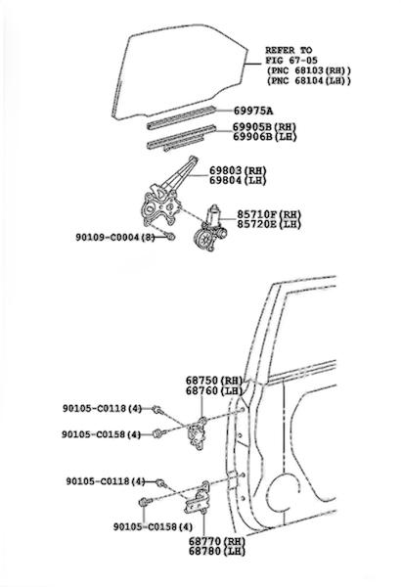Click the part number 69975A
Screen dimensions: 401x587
point(253,111)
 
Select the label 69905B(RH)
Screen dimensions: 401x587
point(265,127)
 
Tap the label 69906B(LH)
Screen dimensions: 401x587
point(265,137)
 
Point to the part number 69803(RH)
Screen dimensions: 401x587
point(238,170)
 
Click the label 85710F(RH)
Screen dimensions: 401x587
point(269,214)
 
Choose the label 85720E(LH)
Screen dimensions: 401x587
point(269,224)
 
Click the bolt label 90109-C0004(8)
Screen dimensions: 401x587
point(115,237)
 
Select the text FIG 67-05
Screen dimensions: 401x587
point(291,60)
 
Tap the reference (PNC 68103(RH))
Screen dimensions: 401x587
point(309,70)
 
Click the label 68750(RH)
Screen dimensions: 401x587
point(214,381)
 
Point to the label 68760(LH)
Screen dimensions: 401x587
point(214,390)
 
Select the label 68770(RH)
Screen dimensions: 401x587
point(217,541)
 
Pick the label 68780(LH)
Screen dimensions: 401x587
point(217,551)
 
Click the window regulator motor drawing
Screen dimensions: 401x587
point(210,229)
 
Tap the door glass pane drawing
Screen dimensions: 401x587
point(180,71)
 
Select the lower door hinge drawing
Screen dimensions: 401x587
point(197,499)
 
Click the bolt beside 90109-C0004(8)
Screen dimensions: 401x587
point(170,236)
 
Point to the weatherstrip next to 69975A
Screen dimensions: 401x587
point(181,117)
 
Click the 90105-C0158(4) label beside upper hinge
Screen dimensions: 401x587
point(102,434)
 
